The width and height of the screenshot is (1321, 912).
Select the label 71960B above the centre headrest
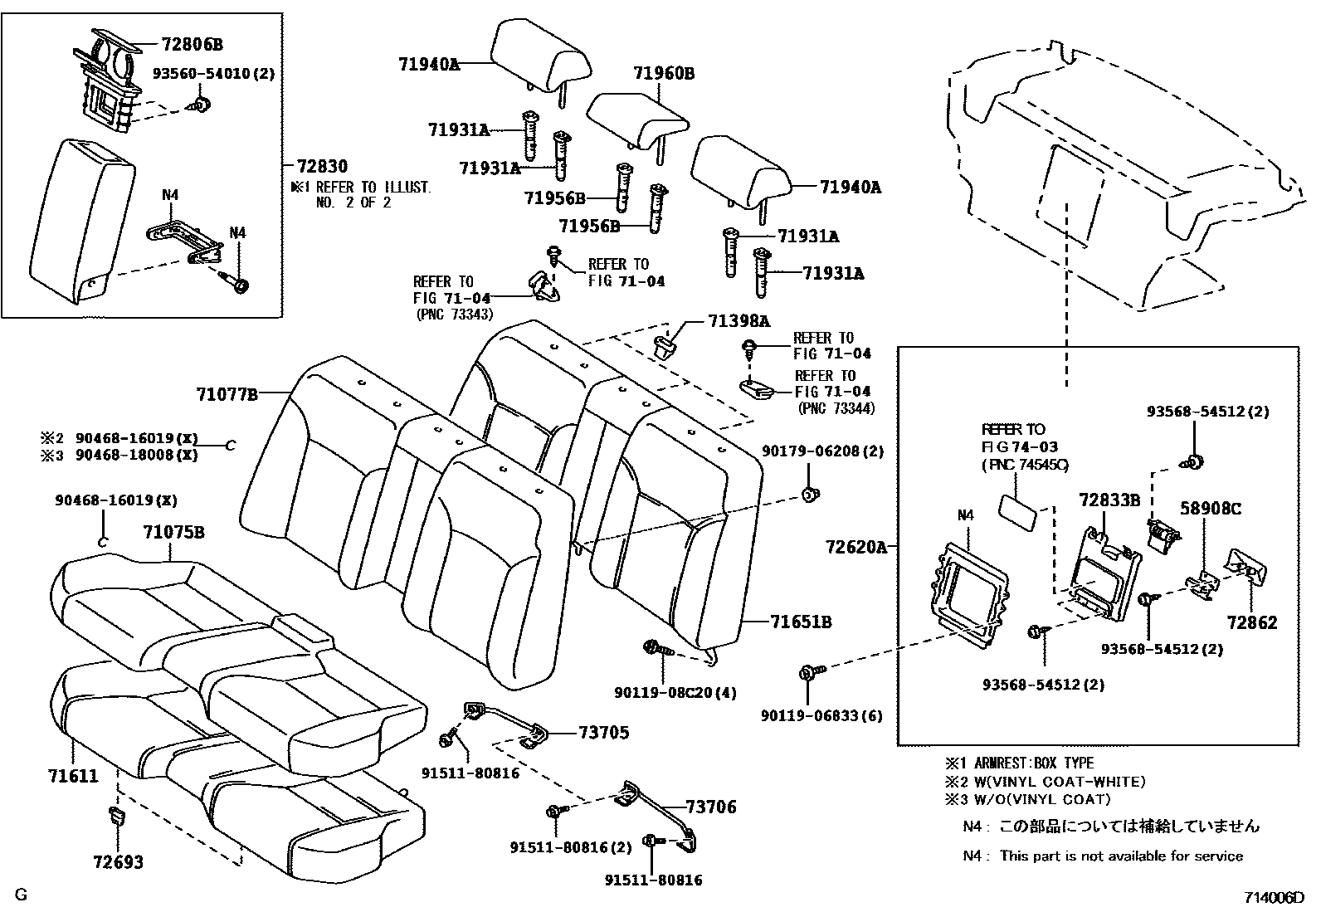[x=664, y=74]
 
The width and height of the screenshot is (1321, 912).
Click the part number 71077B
[x=227, y=394]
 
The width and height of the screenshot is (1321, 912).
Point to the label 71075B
[x=173, y=532]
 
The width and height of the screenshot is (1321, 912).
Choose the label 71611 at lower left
[x=72, y=777]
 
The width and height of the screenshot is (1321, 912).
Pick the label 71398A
[x=738, y=321]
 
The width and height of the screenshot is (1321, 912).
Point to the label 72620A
[x=856, y=547]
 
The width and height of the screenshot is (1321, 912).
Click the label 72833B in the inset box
[x=1109, y=500]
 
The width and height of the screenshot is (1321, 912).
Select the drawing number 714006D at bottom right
[x=1274, y=898]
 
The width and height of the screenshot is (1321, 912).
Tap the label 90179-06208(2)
[x=822, y=451]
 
